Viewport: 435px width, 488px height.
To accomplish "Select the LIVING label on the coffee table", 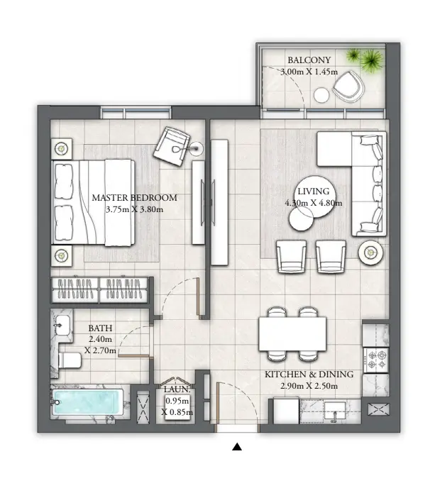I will point(312,192).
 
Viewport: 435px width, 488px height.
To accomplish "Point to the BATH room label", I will point(99,328).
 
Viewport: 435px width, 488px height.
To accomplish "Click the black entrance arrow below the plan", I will point(237,447).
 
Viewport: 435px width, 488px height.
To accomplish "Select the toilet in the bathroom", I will point(70,360).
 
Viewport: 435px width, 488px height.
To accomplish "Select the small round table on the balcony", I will point(322,95).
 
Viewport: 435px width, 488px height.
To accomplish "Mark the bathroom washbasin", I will point(62,326).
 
